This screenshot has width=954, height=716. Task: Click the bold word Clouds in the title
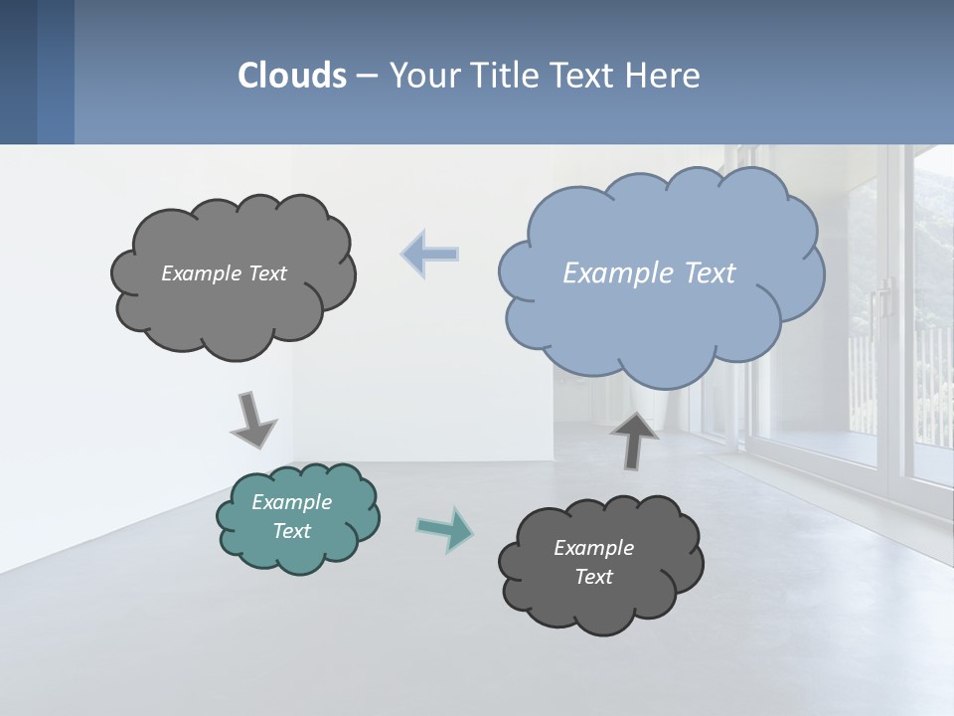[x=291, y=76]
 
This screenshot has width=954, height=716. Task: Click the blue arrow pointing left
[x=430, y=254]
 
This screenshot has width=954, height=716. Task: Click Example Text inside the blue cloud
[x=649, y=273]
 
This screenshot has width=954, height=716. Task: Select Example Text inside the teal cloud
[x=292, y=516]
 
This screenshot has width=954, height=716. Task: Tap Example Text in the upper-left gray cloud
[x=224, y=273]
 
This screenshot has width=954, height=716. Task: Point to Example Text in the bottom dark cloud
[x=593, y=562]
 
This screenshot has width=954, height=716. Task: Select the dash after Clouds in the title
[x=366, y=76]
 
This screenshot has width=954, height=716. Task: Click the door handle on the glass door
[x=880, y=298]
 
